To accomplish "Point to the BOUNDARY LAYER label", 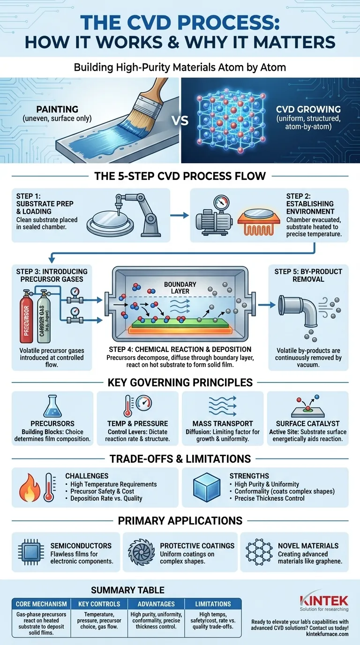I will [x=177, y=287].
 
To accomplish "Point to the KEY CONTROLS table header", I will [x=99, y=604].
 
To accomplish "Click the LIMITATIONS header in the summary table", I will [x=213, y=604].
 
